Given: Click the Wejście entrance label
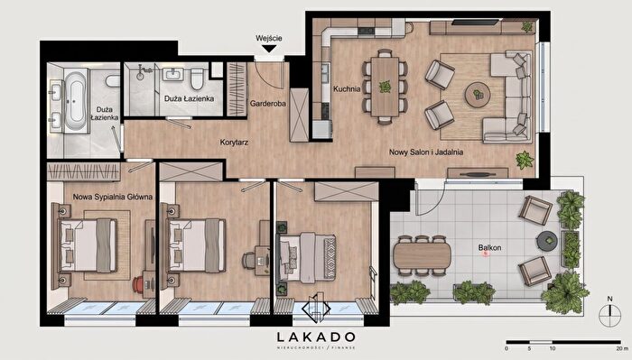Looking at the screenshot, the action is click(x=269, y=39).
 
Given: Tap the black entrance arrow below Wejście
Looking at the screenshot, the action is click(x=269, y=49).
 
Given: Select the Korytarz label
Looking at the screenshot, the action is click(x=234, y=143).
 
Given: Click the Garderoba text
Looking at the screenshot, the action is click(x=267, y=104).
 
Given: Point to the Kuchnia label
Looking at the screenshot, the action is click(x=347, y=88).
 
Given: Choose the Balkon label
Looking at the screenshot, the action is click(x=489, y=247).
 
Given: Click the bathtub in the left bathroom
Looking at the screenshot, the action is click(x=75, y=101).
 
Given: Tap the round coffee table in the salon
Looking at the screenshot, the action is click(x=478, y=95).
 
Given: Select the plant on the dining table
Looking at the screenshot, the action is click(x=385, y=87).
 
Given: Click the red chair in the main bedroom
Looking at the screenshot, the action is click(x=137, y=284).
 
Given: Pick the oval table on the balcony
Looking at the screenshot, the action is click(x=422, y=255).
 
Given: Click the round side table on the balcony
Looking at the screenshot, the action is click(x=547, y=241).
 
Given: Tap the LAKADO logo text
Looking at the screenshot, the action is click(x=316, y=337).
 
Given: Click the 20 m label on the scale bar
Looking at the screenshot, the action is click(x=622, y=348).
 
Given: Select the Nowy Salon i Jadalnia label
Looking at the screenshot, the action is click(x=426, y=152).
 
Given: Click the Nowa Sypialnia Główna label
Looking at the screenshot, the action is click(x=113, y=197).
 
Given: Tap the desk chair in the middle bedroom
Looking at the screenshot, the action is click(x=247, y=260).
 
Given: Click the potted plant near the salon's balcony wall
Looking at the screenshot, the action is click(x=525, y=161).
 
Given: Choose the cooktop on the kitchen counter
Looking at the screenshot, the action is click(x=366, y=31).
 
